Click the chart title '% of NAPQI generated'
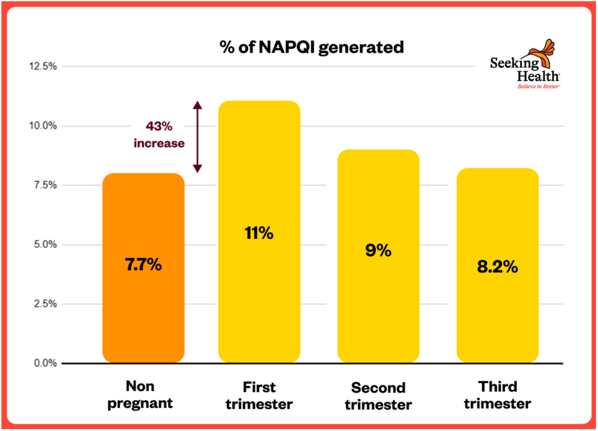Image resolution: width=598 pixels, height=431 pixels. click(312, 47)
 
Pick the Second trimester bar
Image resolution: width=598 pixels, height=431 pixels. click(378, 303)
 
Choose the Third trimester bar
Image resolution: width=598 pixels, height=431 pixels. click(497, 316)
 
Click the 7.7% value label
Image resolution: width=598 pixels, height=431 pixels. click(143, 264)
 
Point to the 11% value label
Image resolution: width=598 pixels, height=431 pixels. click(259, 233)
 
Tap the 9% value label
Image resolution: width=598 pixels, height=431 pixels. click(378, 250)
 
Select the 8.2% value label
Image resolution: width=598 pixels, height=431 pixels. click(497, 267)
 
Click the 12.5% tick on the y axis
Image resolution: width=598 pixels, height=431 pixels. click(43, 66)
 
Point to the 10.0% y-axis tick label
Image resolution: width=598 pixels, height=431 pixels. click(43, 126)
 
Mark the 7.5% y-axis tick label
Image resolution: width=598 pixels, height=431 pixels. click(45, 185)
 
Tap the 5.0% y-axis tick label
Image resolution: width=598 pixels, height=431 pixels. click(45, 244)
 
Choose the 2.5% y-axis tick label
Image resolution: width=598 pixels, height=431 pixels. click(45, 304)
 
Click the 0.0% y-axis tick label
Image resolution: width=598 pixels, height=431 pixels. click(45, 363)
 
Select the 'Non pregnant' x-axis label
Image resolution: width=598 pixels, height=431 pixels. click(140, 395)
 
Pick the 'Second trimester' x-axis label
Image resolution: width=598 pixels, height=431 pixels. click(378, 396)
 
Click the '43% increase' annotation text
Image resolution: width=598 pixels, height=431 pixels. click(159, 135)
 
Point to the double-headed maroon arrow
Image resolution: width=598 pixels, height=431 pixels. click(198, 137)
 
